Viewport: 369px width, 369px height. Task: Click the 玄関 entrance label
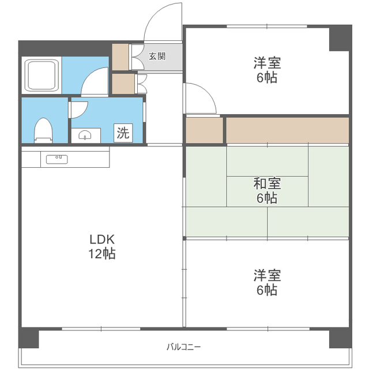(157, 57)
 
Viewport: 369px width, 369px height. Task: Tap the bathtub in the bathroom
(42, 75)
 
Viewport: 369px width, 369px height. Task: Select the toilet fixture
(43, 130)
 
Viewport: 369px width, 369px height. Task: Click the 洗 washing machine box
(123, 133)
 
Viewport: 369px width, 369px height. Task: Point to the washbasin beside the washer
(86, 135)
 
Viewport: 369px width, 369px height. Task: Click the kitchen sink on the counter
(57, 159)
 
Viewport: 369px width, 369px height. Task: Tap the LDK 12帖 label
(102, 247)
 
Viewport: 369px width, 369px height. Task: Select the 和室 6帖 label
(267, 191)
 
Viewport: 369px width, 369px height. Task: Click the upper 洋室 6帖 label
(267, 70)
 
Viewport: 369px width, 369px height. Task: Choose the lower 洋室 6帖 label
(267, 283)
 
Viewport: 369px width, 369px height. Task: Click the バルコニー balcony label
(183, 347)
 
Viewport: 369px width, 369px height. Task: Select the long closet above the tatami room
(287, 130)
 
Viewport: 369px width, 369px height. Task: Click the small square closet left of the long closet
(204, 130)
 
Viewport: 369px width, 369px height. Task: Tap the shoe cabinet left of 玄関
(120, 57)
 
